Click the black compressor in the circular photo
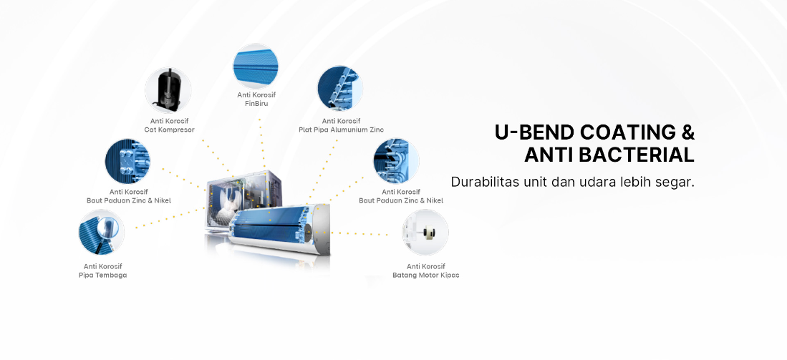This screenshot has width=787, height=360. [x=168, y=90]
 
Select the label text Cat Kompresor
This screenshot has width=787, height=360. [x=169, y=130]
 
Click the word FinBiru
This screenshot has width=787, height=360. [x=256, y=104]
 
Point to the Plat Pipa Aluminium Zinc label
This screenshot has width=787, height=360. [x=341, y=130]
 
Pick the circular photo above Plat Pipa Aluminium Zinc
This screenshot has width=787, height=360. [x=340, y=89]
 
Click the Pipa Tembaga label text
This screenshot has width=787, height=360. [x=102, y=275]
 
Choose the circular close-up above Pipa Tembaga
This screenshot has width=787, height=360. [x=102, y=233]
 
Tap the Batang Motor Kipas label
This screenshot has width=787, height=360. [x=426, y=275]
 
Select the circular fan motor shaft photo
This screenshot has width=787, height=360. [x=425, y=233]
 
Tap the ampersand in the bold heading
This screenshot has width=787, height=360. [x=687, y=132]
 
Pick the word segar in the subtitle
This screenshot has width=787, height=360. [x=677, y=182]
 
